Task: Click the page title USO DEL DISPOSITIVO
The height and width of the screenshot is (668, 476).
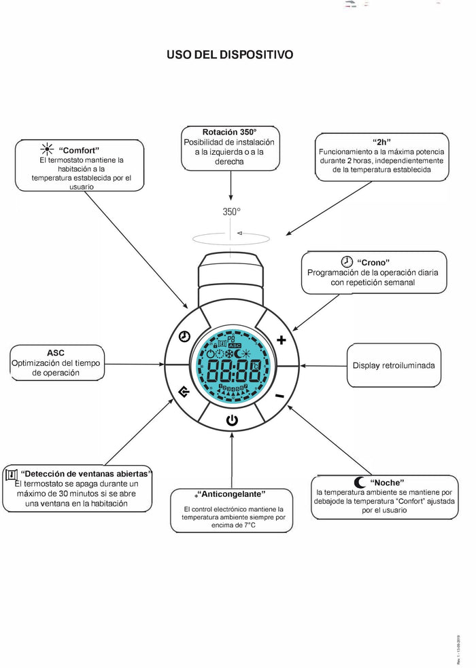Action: point(231,54)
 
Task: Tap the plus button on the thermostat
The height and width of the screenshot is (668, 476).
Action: point(282,339)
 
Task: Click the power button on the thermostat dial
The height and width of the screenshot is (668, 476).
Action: point(232,420)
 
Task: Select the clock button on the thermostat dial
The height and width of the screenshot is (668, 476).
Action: point(184,337)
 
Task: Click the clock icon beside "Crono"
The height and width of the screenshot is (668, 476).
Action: point(347,261)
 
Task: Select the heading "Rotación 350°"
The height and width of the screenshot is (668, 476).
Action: point(230,131)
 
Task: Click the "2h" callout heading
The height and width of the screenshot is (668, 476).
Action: point(381,142)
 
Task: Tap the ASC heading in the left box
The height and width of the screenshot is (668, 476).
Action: point(55,353)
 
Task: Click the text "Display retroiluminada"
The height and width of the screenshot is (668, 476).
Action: point(393,365)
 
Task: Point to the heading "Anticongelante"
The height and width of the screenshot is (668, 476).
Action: point(231,494)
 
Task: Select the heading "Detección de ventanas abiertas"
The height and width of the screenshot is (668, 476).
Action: point(86,472)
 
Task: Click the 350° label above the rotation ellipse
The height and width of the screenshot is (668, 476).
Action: point(231,212)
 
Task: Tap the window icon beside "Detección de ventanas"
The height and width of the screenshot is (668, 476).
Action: point(11,473)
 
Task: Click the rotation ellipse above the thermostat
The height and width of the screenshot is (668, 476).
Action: point(231,238)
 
